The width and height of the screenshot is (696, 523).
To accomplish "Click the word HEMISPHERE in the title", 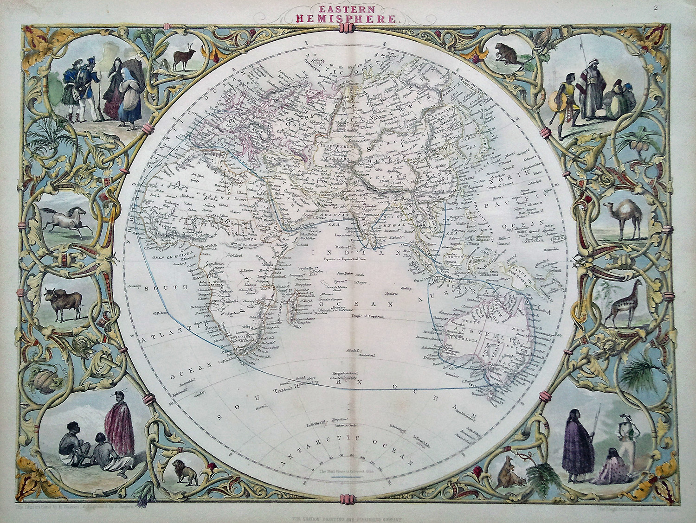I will (348, 19).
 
